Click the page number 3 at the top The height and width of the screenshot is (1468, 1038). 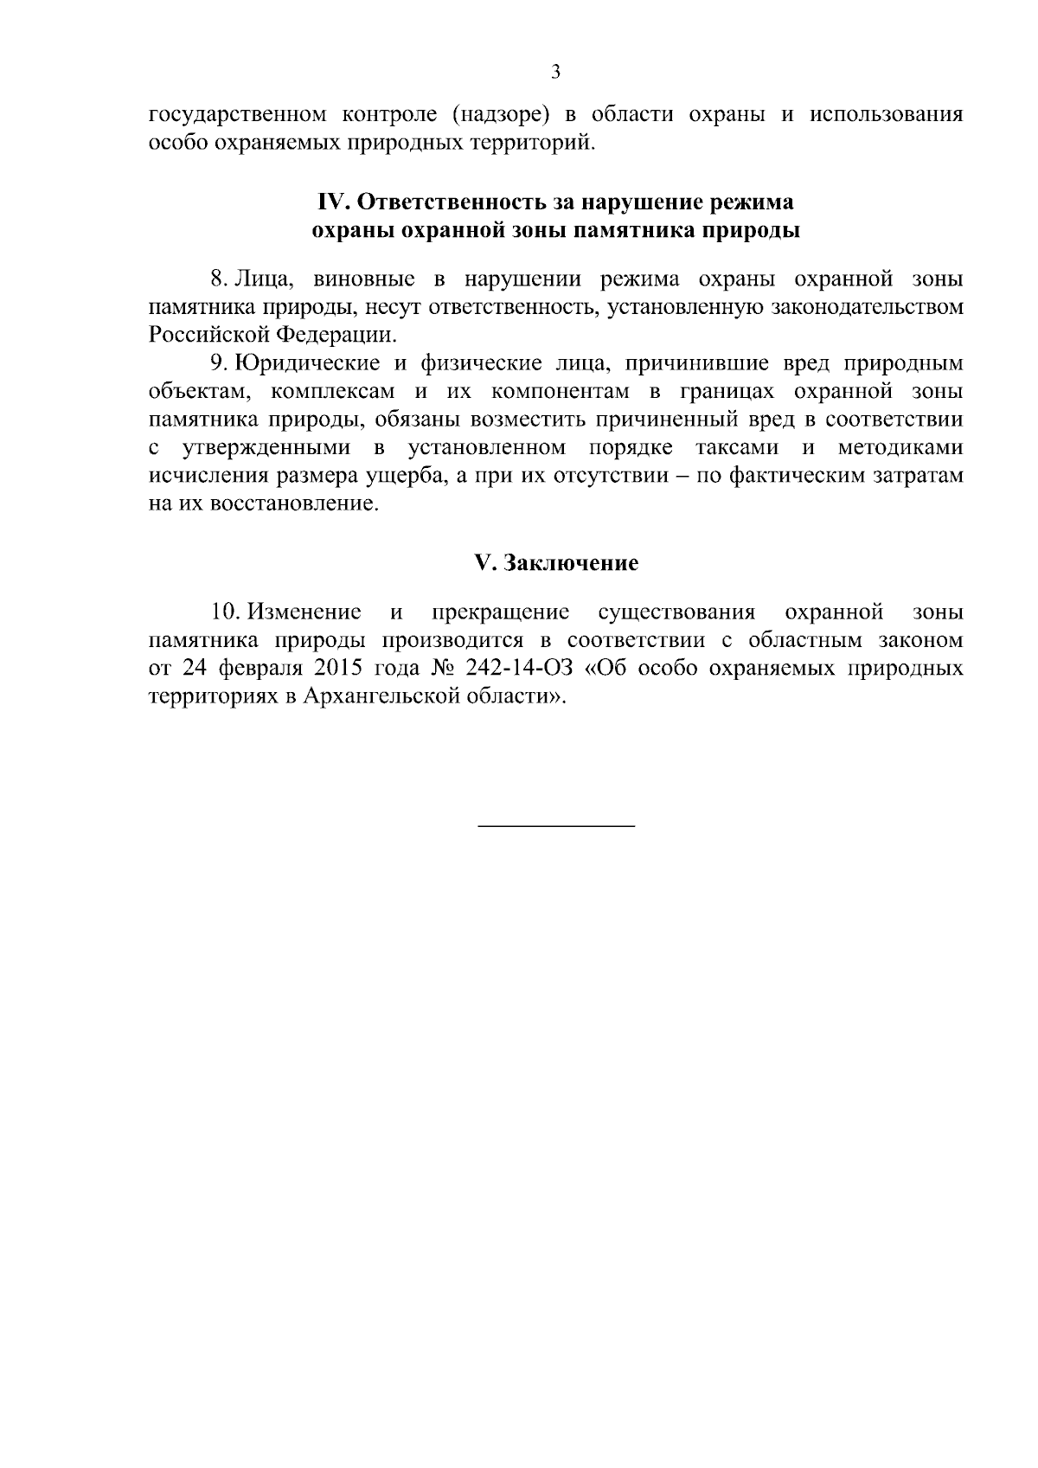555,72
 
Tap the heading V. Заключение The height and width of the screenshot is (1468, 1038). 556,563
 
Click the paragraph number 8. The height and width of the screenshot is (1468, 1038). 218,279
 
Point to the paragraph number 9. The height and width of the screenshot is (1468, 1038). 218,363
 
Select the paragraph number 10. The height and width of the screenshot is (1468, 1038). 224,612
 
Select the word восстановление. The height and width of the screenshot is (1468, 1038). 295,503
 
